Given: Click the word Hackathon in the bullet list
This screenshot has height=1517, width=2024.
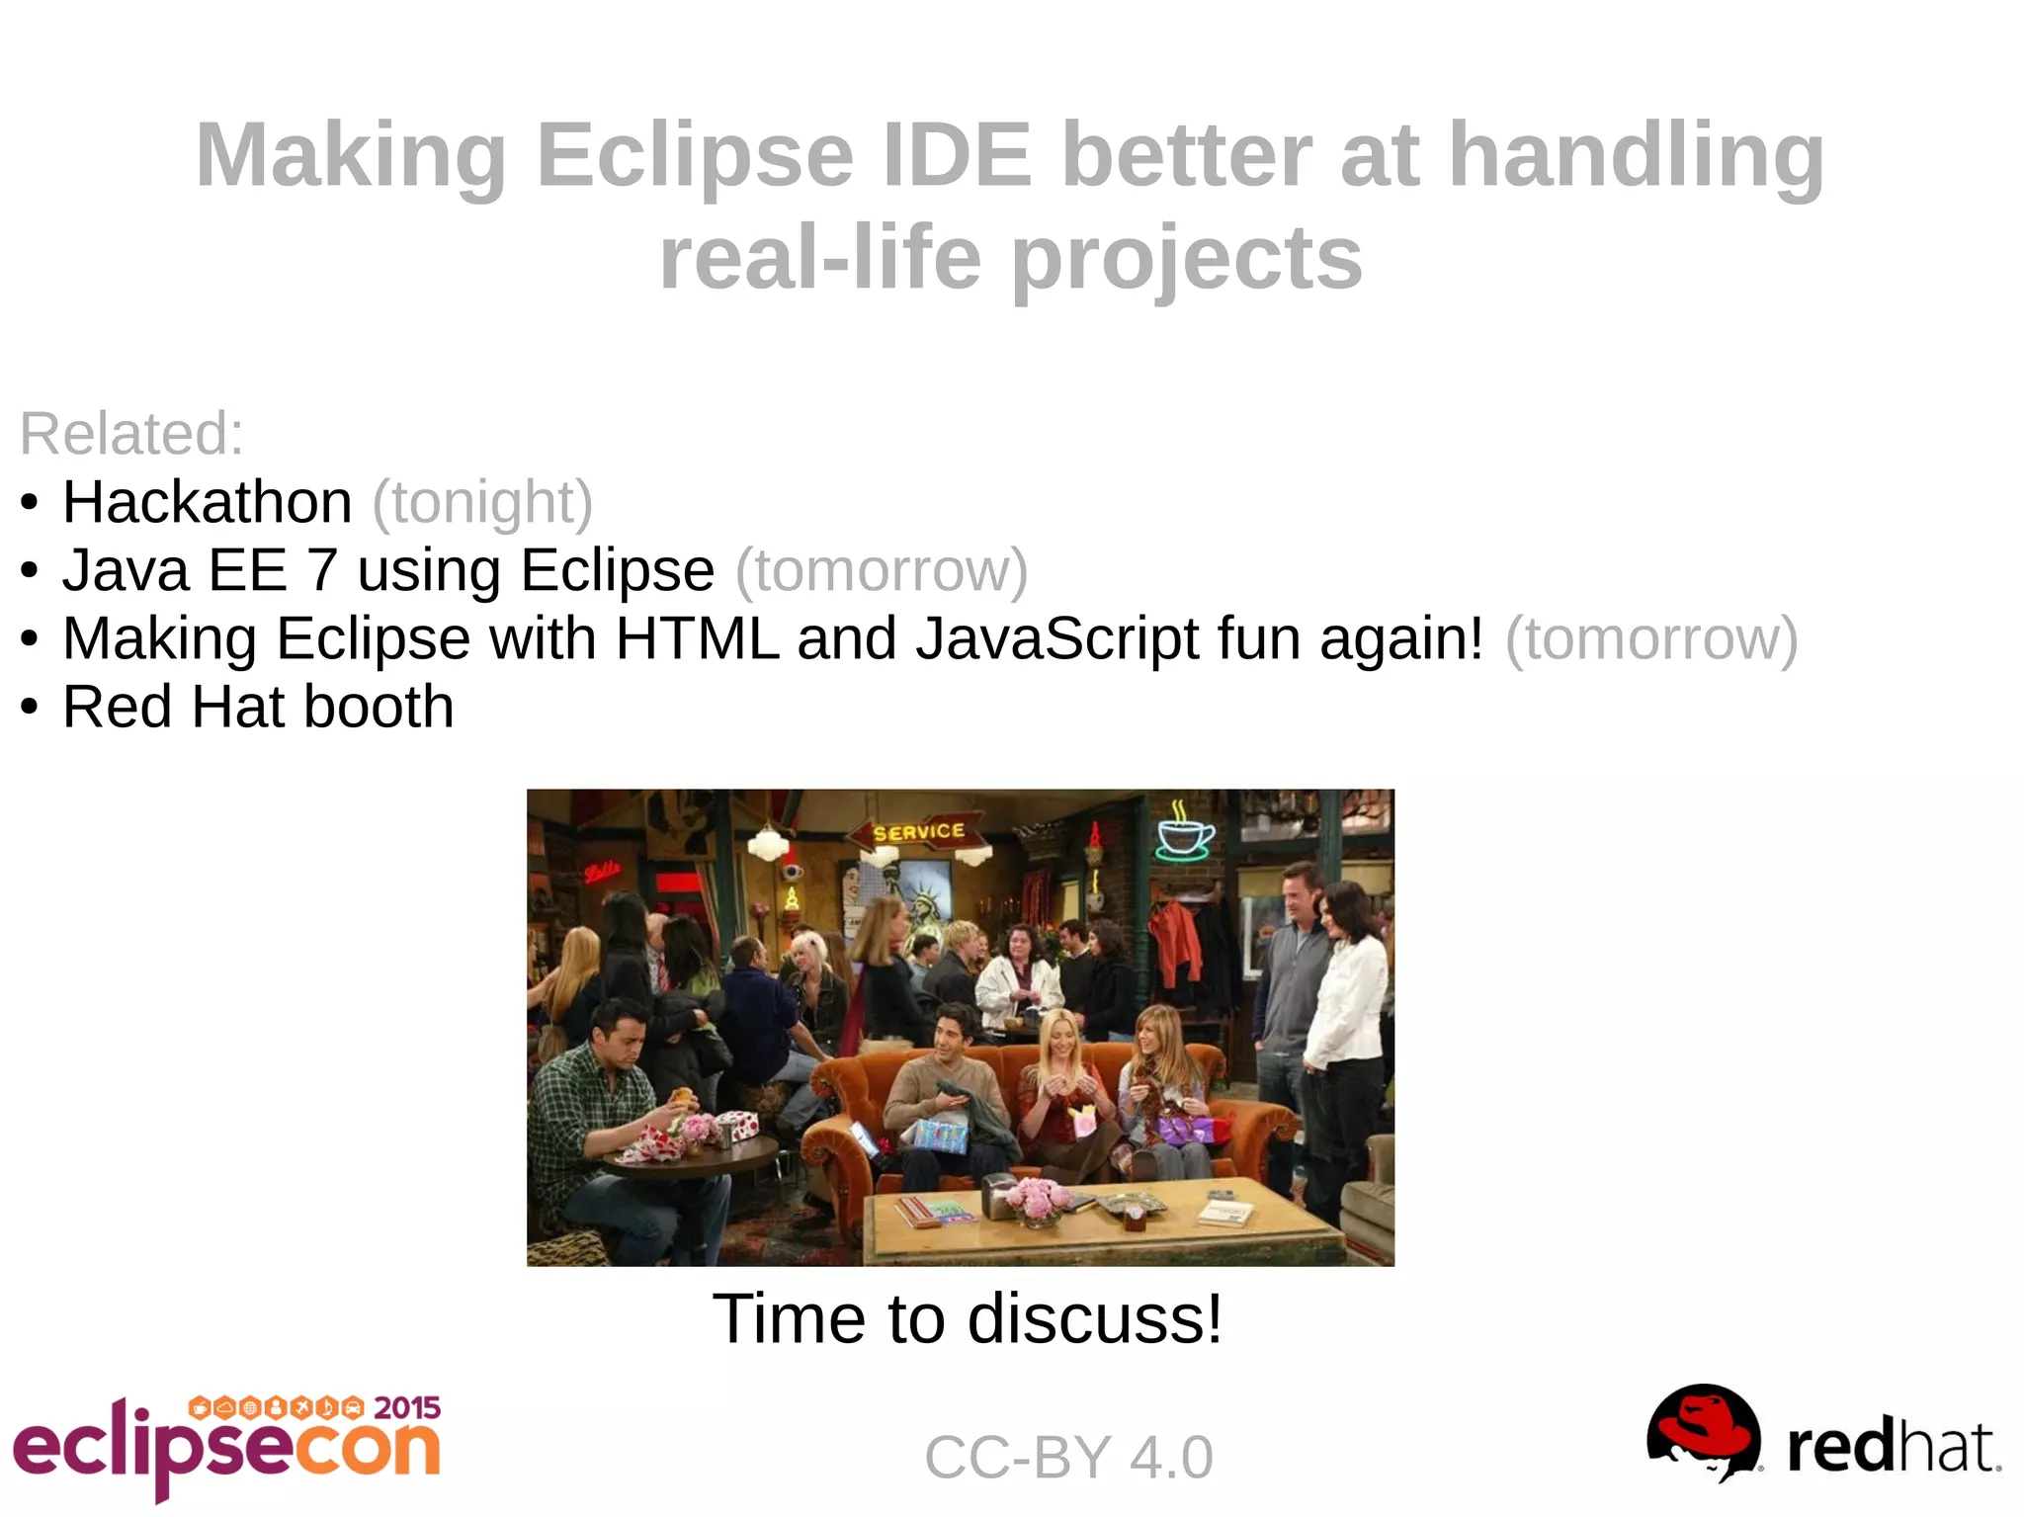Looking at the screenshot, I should pos(208,502).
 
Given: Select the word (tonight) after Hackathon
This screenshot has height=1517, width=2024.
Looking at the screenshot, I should pos(482,502).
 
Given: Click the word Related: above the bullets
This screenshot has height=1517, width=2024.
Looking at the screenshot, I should pos(131,433).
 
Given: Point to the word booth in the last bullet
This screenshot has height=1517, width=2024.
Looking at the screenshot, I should pos(379,707).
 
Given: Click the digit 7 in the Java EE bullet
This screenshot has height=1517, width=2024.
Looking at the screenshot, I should pos(322,570).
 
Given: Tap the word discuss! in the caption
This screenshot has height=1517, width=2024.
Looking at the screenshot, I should pos(1095,1318).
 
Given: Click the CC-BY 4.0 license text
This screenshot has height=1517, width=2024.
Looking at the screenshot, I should pos(1068,1457).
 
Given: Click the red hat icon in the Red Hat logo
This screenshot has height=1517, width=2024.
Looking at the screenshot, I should pos(1704,1432).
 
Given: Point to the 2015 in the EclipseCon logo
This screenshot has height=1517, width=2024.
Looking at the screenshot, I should pos(407,1407).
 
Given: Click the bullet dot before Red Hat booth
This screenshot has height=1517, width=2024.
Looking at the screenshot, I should pos(30,708).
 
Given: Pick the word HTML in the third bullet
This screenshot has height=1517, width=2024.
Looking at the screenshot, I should pos(696,638).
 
